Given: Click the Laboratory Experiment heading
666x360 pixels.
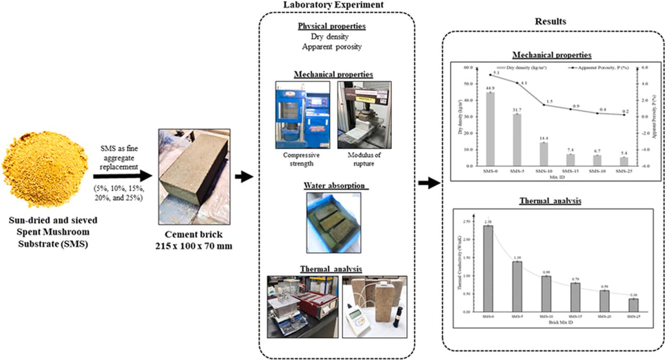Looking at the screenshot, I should click(x=335, y=5).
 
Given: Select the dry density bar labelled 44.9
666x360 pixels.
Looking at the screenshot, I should click(x=490, y=129).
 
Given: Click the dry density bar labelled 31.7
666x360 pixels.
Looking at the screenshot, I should click(x=517, y=140).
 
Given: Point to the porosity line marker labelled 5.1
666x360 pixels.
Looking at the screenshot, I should click(x=490, y=75).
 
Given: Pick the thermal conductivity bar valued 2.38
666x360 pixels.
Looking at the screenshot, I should click(x=488, y=268).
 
